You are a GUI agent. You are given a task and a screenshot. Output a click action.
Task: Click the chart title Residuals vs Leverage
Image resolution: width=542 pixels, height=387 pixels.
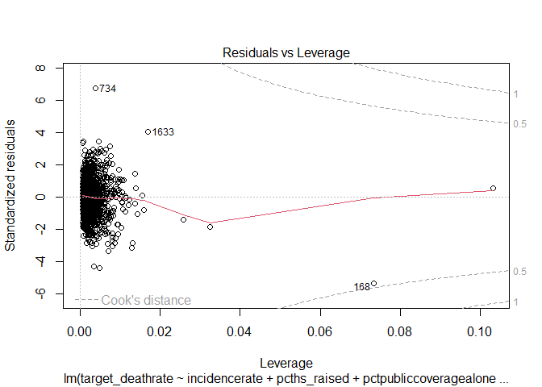click(x=286, y=52)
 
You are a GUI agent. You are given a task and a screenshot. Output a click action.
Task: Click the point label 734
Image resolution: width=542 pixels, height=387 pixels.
click(x=107, y=89)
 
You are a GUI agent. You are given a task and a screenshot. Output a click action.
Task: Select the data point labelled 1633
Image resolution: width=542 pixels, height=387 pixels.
click(x=148, y=131)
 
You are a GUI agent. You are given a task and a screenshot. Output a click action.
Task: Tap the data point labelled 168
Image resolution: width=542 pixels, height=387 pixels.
click(x=373, y=283)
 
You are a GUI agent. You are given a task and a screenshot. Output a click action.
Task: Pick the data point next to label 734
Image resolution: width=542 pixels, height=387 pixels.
click(x=95, y=88)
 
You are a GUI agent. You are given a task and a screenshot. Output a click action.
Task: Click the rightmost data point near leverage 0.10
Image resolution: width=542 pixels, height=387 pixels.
click(x=493, y=188)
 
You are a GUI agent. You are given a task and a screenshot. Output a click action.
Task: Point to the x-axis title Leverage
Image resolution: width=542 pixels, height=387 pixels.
click(x=286, y=362)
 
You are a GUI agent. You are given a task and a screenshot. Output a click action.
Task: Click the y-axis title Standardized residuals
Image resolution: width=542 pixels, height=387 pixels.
click(x=11, y=186)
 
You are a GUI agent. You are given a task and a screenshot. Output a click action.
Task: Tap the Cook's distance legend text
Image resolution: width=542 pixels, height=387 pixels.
click(x=146, y=300)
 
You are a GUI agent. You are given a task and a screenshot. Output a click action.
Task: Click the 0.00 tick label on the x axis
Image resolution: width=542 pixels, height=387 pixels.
click(x=80, y=331)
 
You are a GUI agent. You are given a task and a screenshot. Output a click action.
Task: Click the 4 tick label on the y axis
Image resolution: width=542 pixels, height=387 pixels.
click(x=38, y=132)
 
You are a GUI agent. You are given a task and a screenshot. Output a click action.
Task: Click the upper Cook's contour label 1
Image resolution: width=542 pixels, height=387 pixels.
click(x=516, y=94)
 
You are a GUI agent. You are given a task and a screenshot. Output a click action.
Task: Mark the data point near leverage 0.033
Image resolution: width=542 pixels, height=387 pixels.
click(x=210, y=227)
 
